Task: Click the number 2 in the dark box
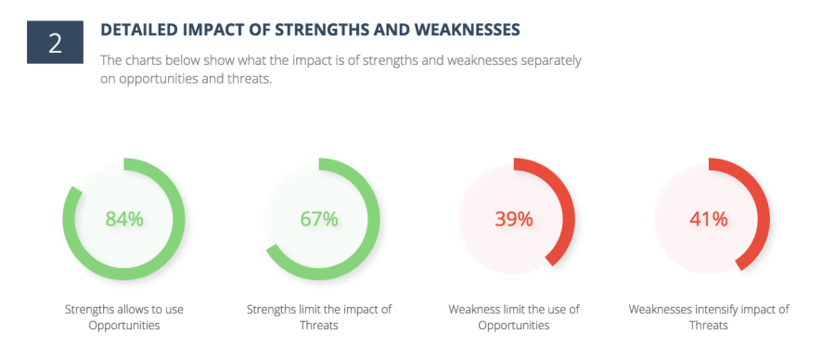[55, 44]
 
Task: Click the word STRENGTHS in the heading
[315, 31]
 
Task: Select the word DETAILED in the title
[133, 31]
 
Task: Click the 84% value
[124, 219]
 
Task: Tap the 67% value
[319, 219]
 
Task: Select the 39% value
[514, 219]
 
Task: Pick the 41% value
[709, 219]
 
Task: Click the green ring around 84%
[179, 219]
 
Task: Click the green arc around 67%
[374, 219]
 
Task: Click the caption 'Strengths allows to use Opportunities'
[124, 317]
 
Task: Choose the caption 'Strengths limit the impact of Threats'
[319, 317]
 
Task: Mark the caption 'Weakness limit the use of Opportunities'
[514, 317]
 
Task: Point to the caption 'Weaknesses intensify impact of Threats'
[709, 317]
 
